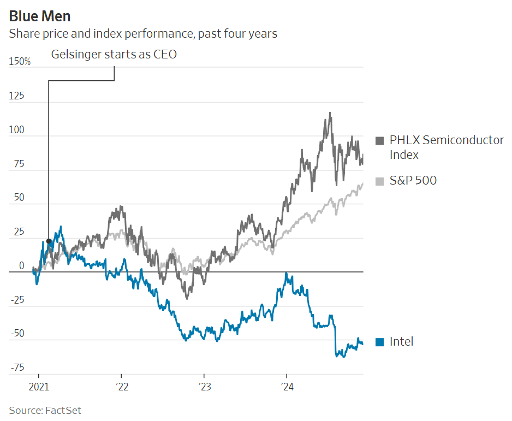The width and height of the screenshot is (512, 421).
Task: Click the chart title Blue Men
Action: click(x=39, y=16)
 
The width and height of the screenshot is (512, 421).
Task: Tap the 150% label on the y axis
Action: click(x=20, y=62)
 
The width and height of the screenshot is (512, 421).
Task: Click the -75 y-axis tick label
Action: click(x=18, y=367)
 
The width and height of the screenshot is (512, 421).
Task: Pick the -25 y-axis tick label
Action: click(x=18, y=300)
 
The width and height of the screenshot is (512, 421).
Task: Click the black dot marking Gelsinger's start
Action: click(x=49, y=241)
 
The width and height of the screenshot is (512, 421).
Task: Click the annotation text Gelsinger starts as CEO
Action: click(x=114, y=55)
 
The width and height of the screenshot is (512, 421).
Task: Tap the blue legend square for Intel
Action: click(x=380, y=342)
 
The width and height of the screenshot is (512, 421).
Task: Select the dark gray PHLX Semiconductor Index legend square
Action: click(x=380, y=141)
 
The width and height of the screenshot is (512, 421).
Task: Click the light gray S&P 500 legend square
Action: click(x=380, y=181)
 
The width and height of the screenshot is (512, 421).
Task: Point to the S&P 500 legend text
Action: click(x=413, y=181)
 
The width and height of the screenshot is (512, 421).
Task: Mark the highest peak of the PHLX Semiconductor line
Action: click(x=330, y=113)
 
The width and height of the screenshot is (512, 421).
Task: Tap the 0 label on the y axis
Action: click(x=22, y=266)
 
